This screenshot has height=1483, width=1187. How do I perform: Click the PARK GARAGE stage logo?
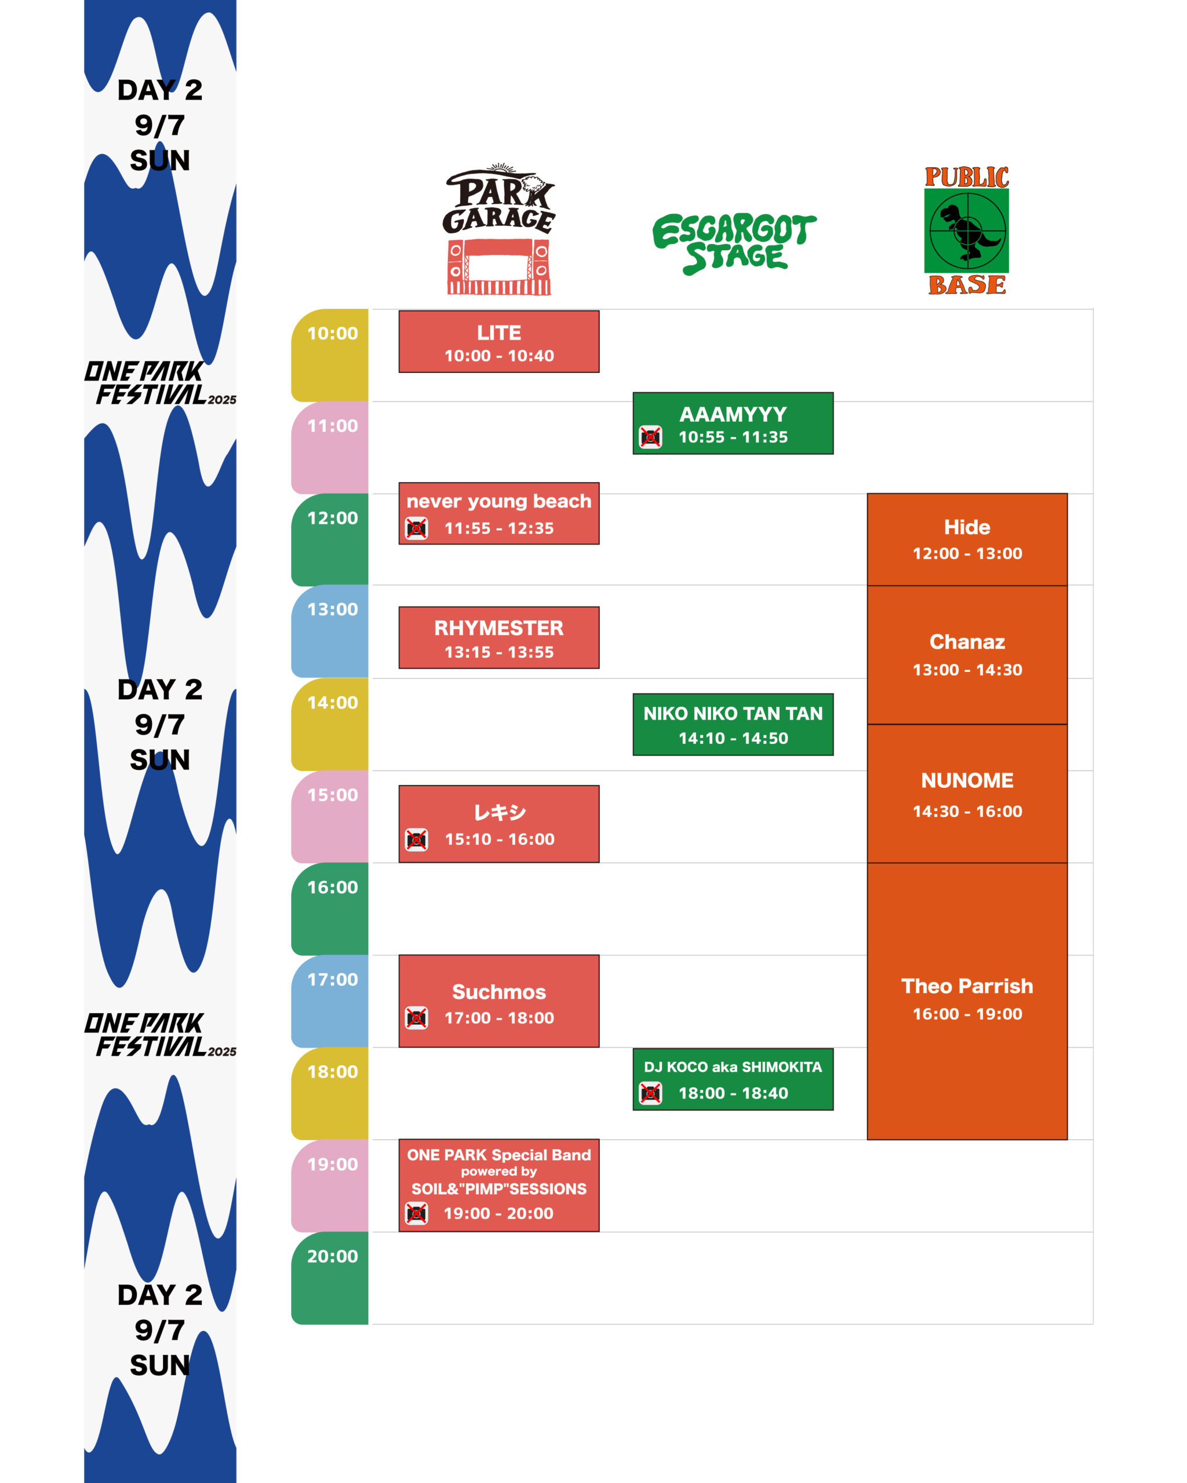[499, 229]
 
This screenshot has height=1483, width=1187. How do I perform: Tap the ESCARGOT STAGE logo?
[734, 243]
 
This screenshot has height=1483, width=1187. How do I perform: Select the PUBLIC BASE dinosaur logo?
[967, 231]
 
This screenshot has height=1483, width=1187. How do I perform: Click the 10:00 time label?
[332, 334]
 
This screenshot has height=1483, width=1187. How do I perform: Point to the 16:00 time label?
[332, 887]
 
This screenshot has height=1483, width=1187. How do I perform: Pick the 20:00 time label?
[332, 1256]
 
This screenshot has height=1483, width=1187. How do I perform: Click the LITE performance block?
[499, 342]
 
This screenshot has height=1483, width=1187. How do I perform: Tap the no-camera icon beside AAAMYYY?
[650, 437]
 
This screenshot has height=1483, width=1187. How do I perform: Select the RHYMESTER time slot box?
[499, 638]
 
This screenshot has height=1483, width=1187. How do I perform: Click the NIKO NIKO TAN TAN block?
[733, 724]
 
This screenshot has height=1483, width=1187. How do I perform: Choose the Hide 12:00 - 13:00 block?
[967, 539]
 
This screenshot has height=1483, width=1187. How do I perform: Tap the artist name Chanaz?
[967, 642]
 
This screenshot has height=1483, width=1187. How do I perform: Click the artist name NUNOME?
[967, 781]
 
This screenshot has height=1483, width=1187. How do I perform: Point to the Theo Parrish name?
[967, 987]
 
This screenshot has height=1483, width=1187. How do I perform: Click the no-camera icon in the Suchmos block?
[416, 1017]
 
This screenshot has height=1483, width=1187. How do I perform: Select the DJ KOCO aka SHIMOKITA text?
[733, 1067]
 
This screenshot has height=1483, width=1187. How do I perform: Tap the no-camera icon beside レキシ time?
[416, 840]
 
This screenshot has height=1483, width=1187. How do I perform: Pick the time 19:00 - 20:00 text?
[498, 1214]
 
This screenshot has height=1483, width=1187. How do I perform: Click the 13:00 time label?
[332, 609]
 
